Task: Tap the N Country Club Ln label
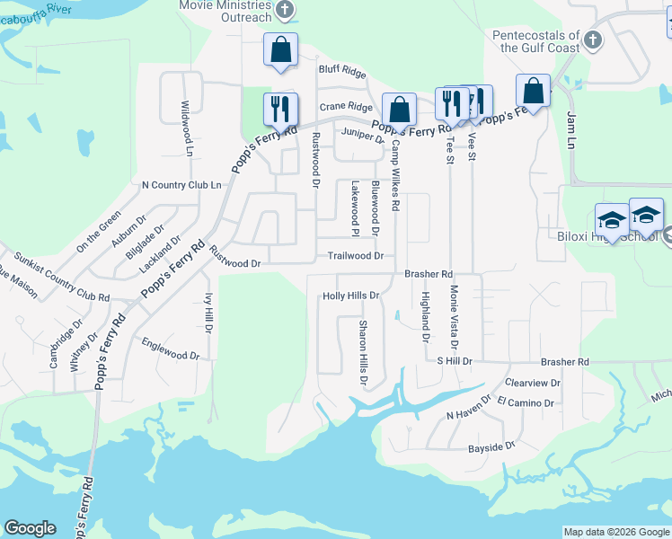pyautogui.click(x=181, y=185)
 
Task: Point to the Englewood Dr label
pyautogui.click(x=171, y=349)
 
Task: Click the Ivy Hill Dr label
pyautogui.click(x=208, y=312)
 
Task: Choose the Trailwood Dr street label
pyautogui.click(x=355, y=256)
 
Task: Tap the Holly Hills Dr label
pyautogui.click(x=351, y=296)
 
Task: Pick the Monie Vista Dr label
pyautogui.click(x=454, y=317)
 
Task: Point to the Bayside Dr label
pyautogui.click(x=491, y=446)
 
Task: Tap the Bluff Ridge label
pyautogui.click(x=341, y=69)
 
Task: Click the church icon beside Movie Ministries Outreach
pyautogui.click(x=285, y=11)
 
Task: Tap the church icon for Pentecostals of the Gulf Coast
pyautogui.click(x=592, y=40)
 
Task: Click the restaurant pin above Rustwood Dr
pyautogui.click(x=280, y=110)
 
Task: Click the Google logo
pyautogui.click(x=30, y=528)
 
